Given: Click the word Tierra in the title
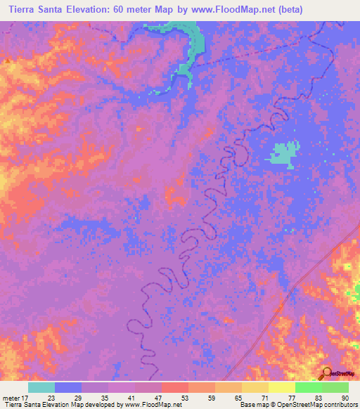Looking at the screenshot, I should (22, 10).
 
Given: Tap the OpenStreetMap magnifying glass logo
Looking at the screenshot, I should (326, 373).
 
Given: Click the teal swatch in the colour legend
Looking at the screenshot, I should (41, 387).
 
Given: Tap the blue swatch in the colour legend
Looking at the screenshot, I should (68, 387).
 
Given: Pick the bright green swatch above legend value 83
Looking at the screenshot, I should (308, 387).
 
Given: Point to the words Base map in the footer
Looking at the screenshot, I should (252, 405).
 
